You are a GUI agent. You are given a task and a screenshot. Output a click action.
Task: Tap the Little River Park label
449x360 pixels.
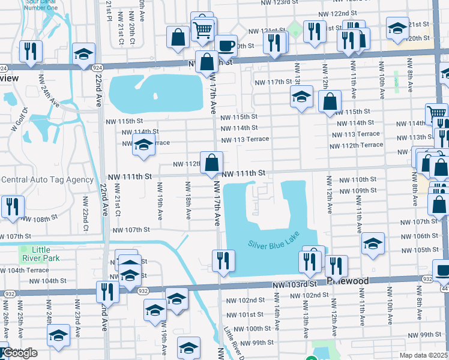41,254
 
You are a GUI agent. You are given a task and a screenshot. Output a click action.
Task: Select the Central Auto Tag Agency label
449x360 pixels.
47,179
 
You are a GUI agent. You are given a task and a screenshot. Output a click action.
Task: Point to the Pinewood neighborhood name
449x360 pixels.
349,280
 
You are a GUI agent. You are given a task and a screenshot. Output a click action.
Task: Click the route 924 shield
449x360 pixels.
4,68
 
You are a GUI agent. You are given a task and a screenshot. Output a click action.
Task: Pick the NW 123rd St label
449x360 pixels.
280,2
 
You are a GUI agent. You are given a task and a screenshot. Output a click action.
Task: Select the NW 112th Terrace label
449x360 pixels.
356,145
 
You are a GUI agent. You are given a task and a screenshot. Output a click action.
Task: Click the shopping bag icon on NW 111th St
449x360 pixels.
212,163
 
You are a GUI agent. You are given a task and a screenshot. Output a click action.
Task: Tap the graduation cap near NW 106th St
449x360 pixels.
373,244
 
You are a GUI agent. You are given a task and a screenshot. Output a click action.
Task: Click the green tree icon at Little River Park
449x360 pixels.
24,249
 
